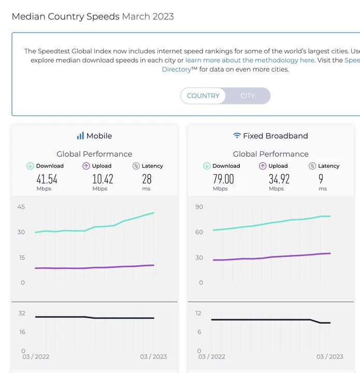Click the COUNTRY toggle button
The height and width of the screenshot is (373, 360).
click(x=203, y=96)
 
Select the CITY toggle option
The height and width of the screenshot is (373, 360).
click(x=248, y=96)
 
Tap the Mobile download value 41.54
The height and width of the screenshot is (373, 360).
click(x=47, y=179)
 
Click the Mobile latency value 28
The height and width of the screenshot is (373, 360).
click(x=147, y=179)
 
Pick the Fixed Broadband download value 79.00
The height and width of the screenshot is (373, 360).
click(x=223, y=179)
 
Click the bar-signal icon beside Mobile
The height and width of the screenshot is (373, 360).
click(x=80, y=136)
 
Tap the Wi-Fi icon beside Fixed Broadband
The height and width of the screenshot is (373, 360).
click(x=237, y=136)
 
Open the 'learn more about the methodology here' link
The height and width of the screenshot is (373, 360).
click(x=250, y=60)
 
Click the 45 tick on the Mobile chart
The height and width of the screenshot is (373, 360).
click(x=21, y=207)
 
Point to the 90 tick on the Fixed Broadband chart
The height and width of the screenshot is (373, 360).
click(x=199, y=207)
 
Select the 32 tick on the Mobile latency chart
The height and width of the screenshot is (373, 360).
click(x=22, y=313)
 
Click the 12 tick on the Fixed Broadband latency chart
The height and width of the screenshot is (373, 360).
click(x=198, y=313)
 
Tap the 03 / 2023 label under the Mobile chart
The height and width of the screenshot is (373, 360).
click(x=153, y=356)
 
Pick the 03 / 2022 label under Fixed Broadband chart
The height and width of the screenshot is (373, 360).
click(x=211, y=356)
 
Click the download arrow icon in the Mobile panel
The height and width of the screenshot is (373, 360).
click(x=31, y=166)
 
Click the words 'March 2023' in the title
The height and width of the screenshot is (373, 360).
click(x=148, y=17)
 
